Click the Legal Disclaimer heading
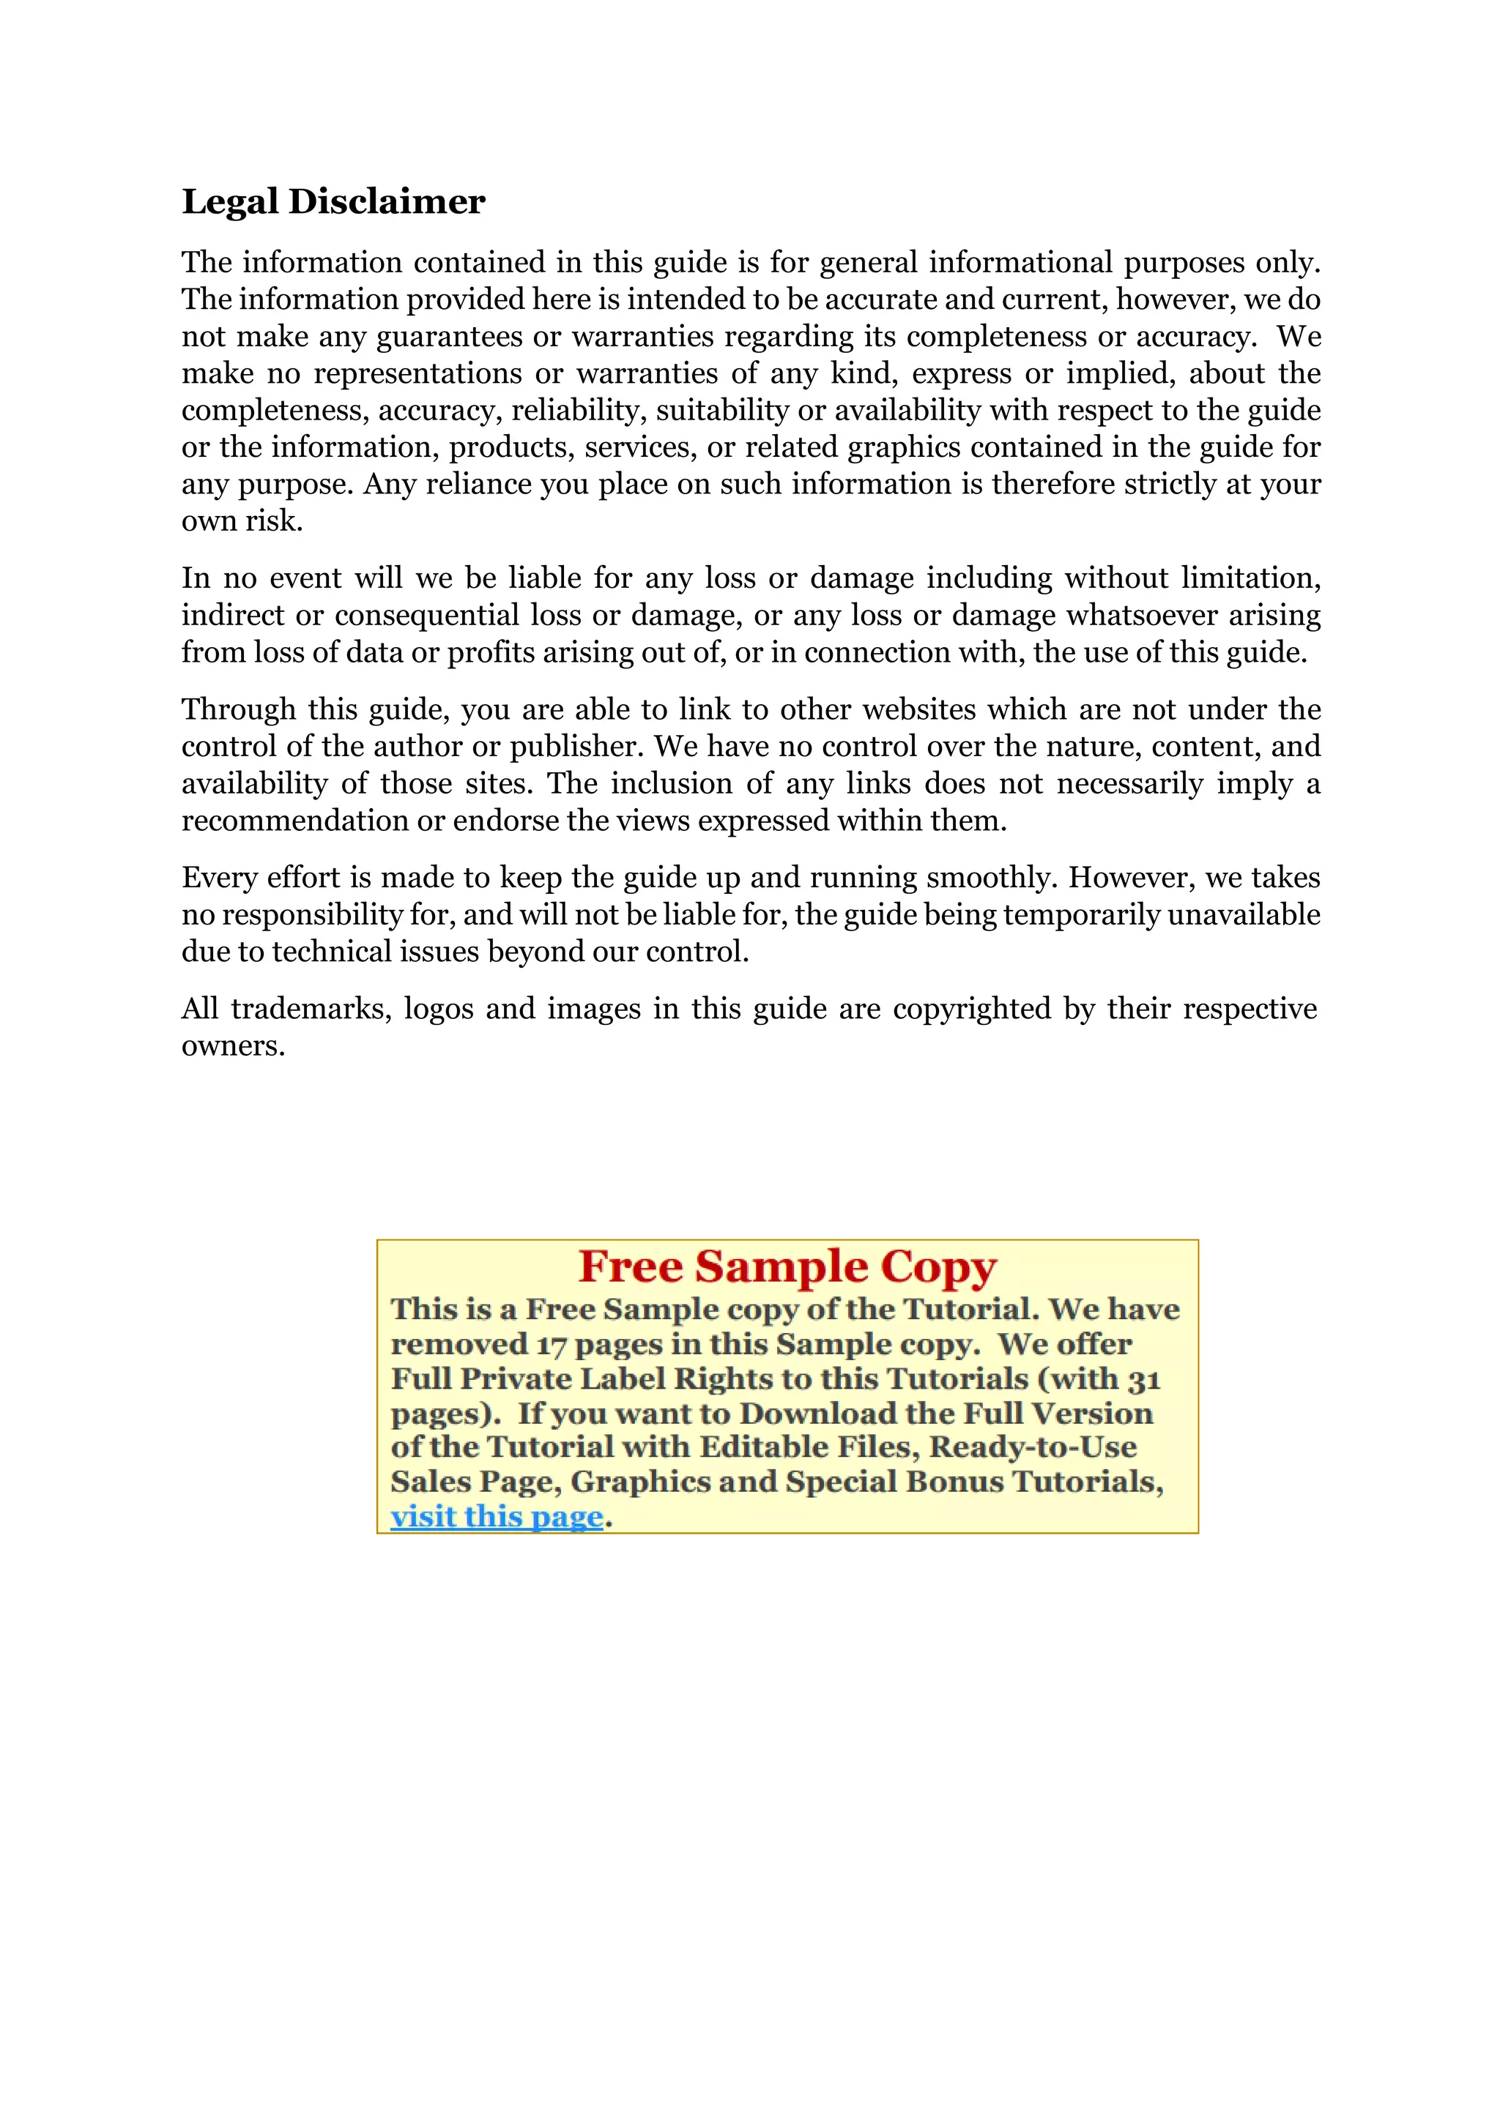[x=333, y=201]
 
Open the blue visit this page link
[x=496, y=1516]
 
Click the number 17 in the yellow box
[x=551, y=1345]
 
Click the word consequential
[x=427, y=615]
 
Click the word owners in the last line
[x=232, y=1045]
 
